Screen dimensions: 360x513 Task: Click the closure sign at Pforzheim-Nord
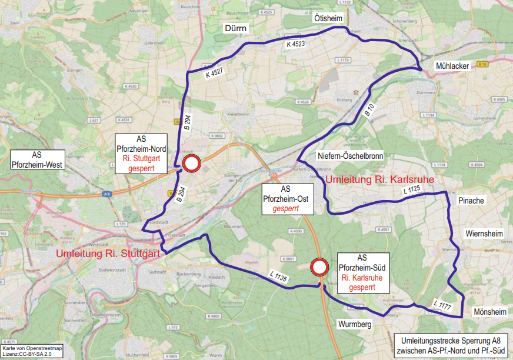191,164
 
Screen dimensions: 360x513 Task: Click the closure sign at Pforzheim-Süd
319,267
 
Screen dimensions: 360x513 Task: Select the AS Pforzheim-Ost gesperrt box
286,199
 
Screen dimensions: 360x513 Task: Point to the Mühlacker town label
452,66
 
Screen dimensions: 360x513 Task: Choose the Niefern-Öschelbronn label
350,156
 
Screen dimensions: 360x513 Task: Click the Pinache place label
471,201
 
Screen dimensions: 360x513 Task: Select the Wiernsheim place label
484,233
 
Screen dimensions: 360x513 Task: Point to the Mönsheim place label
489,312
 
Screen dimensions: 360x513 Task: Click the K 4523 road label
296,44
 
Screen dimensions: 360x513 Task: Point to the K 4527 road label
215,73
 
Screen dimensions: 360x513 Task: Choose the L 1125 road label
412,190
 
